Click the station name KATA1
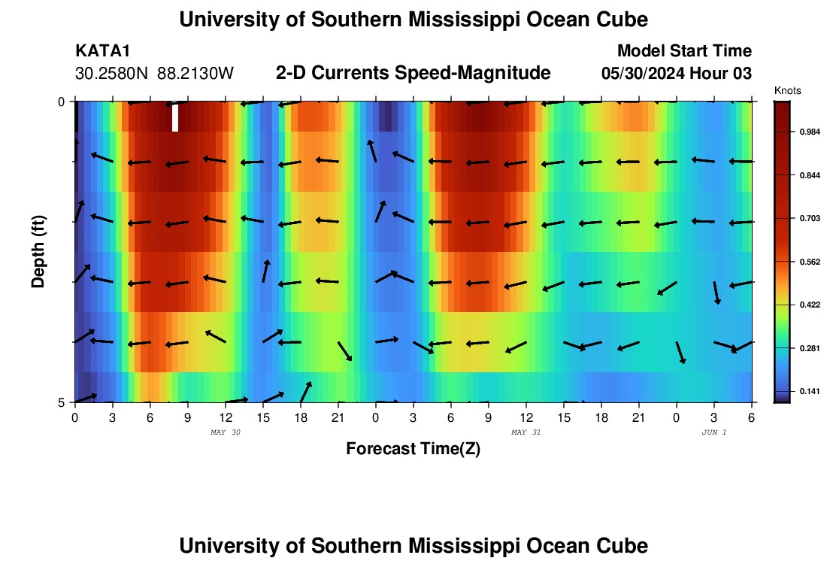[x=103, y=51]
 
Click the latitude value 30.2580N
[x=114, y=74]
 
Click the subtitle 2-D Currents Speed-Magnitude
[x=413, y=73]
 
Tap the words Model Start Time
[x=684, y=51]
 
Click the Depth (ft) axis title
[x=38, y=251]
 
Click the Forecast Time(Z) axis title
[x=413, y=449]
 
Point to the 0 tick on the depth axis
[x=62, y=102]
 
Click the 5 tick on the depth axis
[x=62, y=402]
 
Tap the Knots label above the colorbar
[x=787, y=90]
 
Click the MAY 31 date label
[x=526, y=432]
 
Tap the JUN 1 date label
[x=713, y=432]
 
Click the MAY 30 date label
[x=225, y=432]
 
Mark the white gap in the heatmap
[x=175, y=117]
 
